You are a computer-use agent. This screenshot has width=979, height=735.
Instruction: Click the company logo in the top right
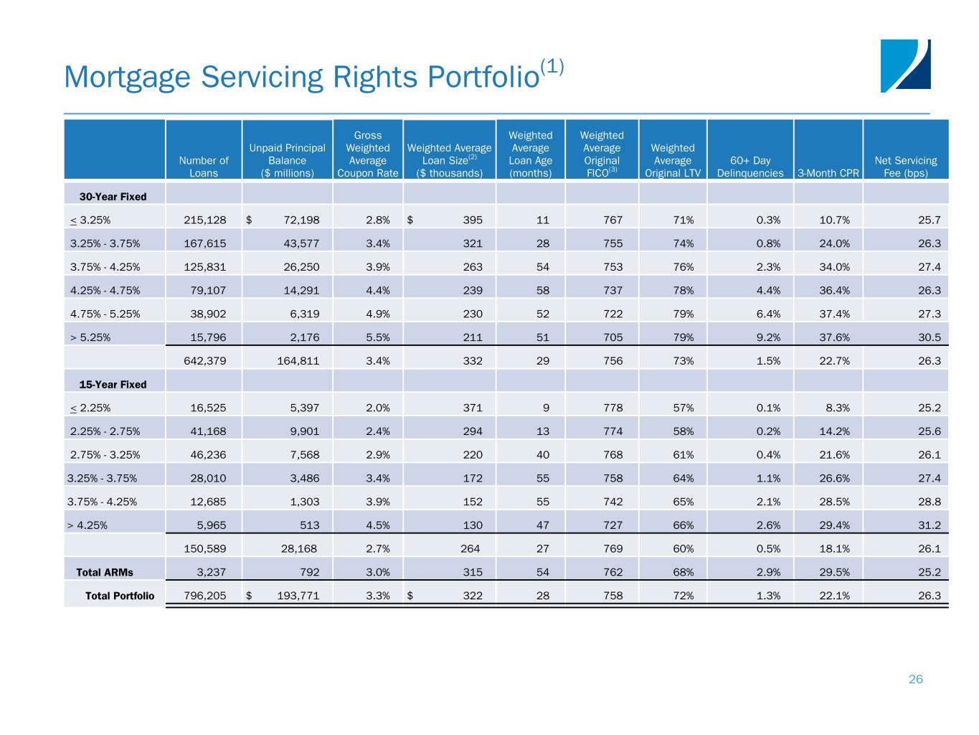[x=905, y=66]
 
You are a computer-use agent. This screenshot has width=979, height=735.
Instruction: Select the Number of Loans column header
[x=204, y=167]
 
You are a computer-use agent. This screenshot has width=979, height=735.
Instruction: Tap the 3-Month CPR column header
[x=828, y=173]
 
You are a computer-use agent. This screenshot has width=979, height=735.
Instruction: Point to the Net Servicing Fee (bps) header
[x=906, y=167]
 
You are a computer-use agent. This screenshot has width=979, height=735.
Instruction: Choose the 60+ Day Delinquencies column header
[x=750, y=167]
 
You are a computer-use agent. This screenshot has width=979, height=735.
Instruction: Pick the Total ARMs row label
[x=105, y=572]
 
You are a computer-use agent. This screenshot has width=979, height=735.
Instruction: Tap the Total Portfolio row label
[x=120, y=596]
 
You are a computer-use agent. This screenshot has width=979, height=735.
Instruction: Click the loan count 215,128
[x=205, y=220]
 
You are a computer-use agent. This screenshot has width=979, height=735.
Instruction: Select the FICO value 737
[x=613, y=291]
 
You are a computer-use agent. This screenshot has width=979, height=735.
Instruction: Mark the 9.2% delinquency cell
[x=768, y=337]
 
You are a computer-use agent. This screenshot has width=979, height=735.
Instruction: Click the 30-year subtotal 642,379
[x=205, y=361]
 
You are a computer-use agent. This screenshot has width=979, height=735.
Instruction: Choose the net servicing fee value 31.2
[x=930, y=525]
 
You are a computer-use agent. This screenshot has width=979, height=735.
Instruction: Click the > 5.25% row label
[x=90, y=337]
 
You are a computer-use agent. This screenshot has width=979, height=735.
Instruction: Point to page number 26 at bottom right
[x=915, y=679]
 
